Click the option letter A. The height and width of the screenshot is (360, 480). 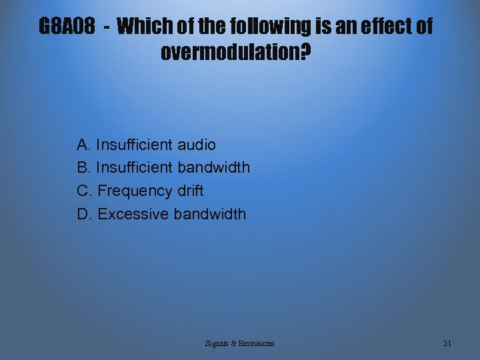pos(83,145)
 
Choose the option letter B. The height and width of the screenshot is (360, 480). pos(83,167)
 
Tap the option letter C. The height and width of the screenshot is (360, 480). pos(84,191)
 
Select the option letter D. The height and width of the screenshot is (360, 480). pos(84,214)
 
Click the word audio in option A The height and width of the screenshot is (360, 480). pos(196,145)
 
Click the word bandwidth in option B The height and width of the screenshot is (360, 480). pos(213,167)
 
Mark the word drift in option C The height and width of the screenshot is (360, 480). pos(191,191)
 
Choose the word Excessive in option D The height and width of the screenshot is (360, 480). pos(133,214)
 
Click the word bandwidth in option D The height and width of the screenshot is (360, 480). pos(209,214)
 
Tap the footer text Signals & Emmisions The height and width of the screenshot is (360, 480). pos(239,343)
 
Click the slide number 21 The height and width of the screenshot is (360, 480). pos(447,343)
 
